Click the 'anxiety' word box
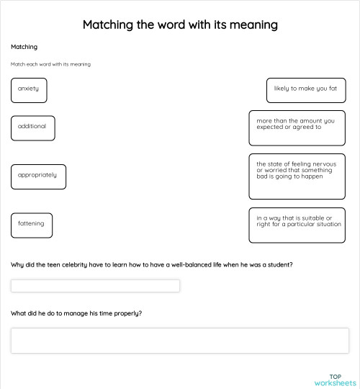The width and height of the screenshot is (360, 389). [x=29, y=89]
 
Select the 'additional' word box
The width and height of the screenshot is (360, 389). [x=32, y=128]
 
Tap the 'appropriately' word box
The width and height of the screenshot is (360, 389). [x=38, y=176]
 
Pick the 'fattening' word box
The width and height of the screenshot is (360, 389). [x=32, y=225]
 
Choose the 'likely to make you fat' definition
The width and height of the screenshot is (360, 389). [x=305, y=89]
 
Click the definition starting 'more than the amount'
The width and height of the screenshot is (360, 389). [x=297, y=128]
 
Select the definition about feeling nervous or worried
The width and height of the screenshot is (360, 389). [x=297, y=176]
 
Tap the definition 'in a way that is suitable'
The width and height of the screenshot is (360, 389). [x=297, y=225]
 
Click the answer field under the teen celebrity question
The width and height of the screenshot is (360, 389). [x=95, y=286]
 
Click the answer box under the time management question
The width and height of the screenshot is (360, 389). [x=179, y=340]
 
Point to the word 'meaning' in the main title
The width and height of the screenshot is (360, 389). [x=249, y=25]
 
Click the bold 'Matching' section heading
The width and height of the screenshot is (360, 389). [x=24, y=47]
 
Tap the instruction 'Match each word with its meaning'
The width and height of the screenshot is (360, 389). [x=50, y=64]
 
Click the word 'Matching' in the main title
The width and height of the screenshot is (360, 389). [x=110, y=25]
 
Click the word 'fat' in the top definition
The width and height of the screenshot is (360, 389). [x=333, y=89]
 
